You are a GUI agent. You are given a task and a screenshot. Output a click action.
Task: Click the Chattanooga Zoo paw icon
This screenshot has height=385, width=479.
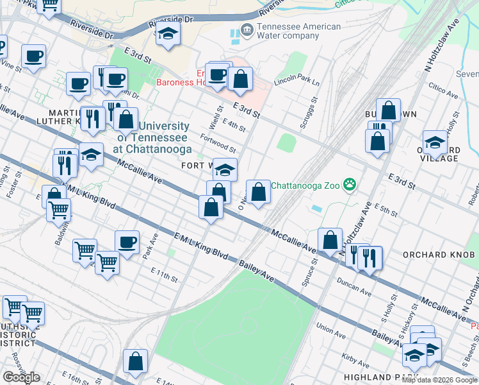[349, 185]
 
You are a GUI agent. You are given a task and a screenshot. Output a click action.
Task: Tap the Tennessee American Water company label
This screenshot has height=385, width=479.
[298, 31]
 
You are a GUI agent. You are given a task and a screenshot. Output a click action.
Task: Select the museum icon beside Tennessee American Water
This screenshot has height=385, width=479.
[246, 30]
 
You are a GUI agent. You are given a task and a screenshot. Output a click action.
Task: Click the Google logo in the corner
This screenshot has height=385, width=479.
[21, 377]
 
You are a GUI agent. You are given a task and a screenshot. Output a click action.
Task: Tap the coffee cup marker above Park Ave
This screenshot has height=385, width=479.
[127, 243]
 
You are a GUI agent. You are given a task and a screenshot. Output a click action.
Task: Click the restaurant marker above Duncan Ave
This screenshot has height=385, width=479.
[369, 257]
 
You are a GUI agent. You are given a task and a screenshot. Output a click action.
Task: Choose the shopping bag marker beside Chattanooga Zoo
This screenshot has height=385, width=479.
[258, 191]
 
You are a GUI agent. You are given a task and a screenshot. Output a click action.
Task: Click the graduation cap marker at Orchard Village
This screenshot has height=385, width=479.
[435, 142]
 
